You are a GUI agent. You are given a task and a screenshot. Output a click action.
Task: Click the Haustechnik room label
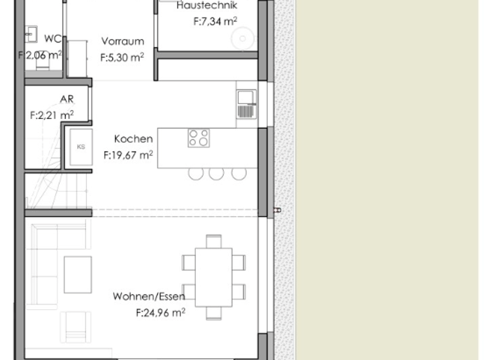click(x=206, y=6)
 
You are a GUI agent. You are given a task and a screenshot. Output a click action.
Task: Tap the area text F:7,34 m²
click(x=215, y=21)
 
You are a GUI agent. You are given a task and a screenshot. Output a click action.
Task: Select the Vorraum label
click(x=122, y=42)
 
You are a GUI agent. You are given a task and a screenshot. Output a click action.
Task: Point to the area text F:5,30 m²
click(x=122, y=57)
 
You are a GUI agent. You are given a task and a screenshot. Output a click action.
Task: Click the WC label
click(x=52, y=39)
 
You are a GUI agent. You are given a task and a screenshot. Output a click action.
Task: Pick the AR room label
click(x=67, y=100)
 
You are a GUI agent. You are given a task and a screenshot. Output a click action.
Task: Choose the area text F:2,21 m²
click(x=51, y=115)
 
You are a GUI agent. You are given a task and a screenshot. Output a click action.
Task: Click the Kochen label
click(x=133, y=139)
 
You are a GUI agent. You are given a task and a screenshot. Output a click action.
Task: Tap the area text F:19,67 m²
click(x=128, y=155)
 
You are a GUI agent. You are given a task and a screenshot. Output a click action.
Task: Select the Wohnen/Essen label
click(x=149, y=296)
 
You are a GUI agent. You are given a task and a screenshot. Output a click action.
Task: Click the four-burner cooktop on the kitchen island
click(x=199, y=138)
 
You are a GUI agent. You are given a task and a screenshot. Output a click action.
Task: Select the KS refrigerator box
click(x=81, y=147)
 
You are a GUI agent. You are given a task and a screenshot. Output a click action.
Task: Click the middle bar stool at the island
click(x=217, y=174)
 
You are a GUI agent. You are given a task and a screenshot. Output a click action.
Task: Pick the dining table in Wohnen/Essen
click(x=214, y=277)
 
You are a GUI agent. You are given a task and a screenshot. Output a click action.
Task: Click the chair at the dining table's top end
click(x=214, y=241)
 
